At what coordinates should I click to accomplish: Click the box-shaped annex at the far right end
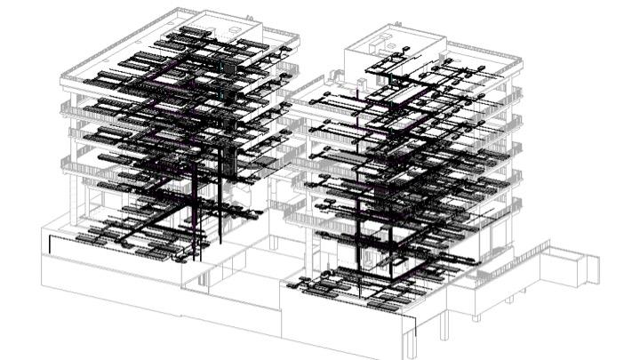tap(569, 266)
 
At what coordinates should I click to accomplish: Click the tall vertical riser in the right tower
tap(361, 222)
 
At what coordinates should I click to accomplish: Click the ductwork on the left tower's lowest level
tap(133, 236)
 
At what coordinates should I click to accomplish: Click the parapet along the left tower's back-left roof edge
tap(116, 44)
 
